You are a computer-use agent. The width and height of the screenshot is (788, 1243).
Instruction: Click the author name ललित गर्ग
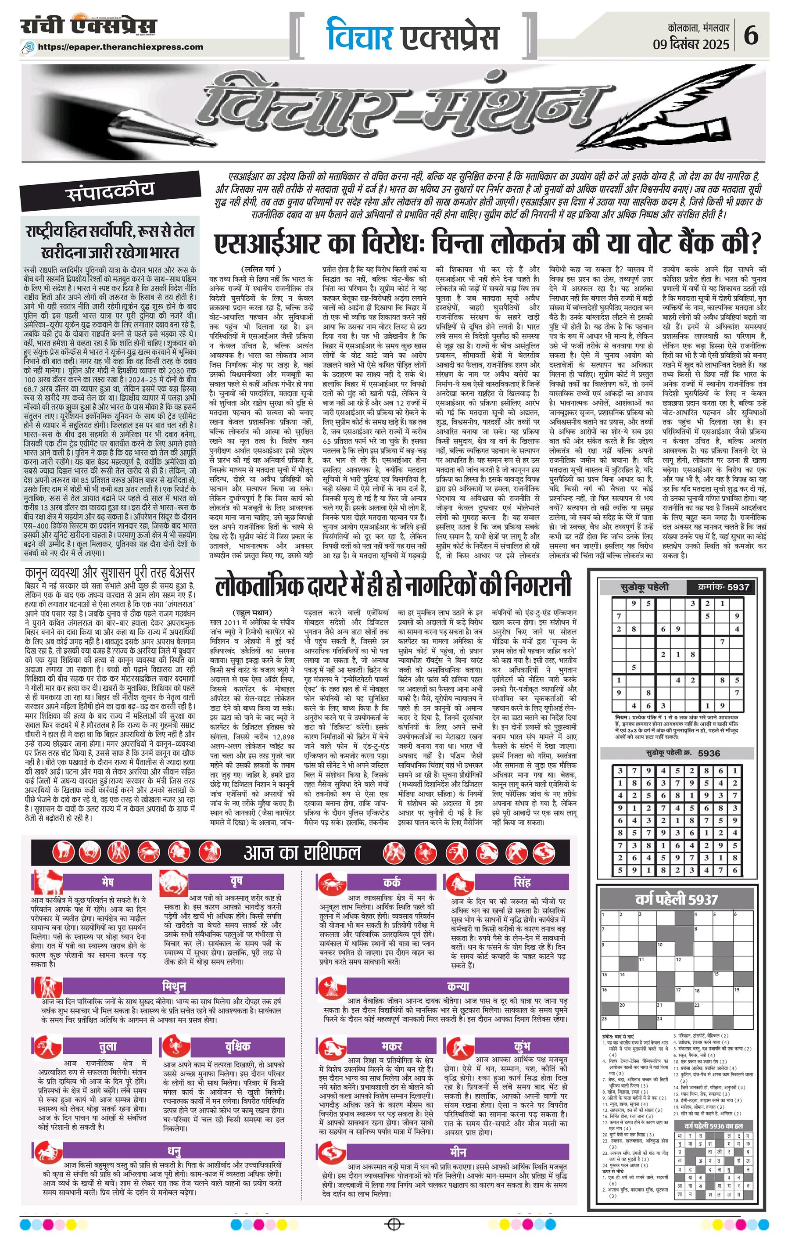[261, 269]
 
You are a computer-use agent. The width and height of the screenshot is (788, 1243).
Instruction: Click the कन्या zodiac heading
[458, 986]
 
